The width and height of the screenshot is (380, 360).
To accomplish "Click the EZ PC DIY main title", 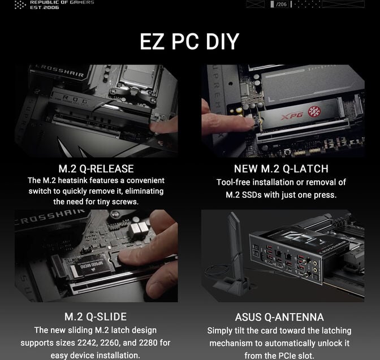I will click(189, 42).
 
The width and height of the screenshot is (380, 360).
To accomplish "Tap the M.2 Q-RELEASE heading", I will click(96, 169).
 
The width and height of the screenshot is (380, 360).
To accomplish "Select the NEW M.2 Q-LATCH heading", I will click(281, 169).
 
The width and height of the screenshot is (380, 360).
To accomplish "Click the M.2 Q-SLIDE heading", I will click(96, 316).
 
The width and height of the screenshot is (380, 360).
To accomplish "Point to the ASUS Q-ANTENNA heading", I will click(279, 317).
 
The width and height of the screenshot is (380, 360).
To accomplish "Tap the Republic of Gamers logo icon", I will click(20, 5).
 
